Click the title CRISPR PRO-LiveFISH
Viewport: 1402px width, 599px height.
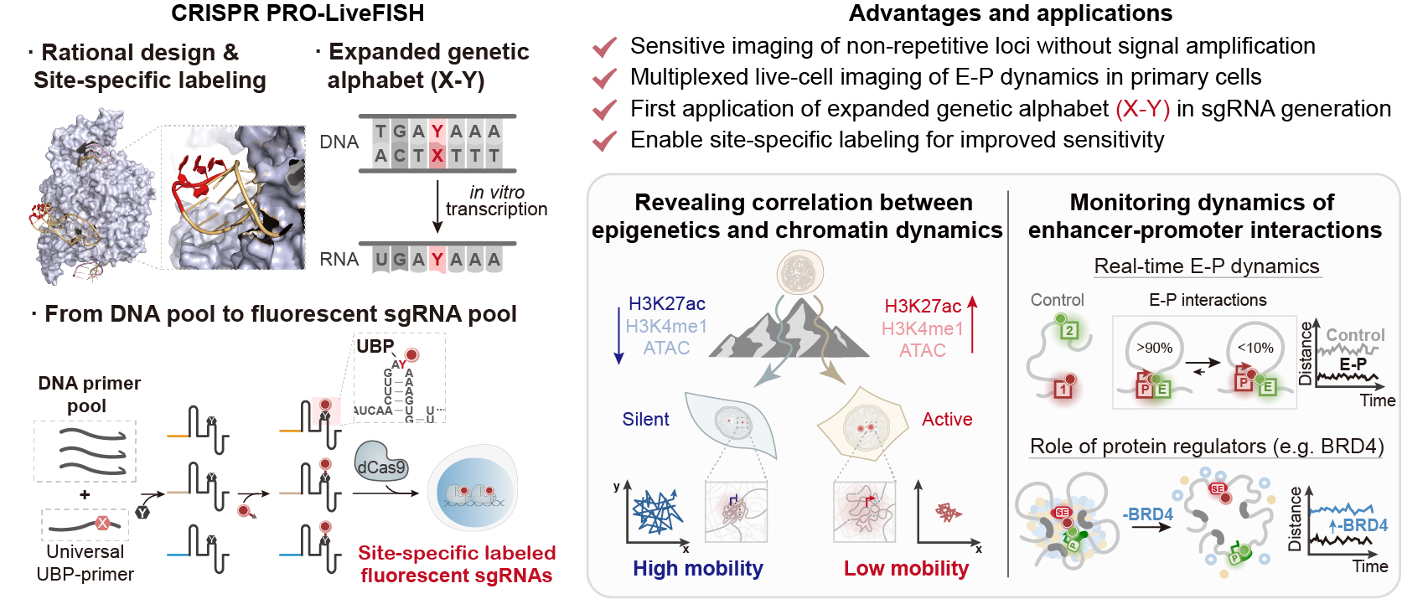pyautogui.click(x=297, y=13)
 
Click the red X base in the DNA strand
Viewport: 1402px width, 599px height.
pyautogui.click(x=437, y=155)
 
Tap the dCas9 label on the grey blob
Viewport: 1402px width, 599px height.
pyautogui.click(x=381, y=467)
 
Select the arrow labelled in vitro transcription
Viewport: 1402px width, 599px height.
pyautogui.click(x=437, y=206)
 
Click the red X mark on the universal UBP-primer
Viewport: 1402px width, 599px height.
pyautogui.click(x=102, y=524)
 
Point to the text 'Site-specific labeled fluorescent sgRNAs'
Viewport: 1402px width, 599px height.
pyautogui.click(x=457, y=564)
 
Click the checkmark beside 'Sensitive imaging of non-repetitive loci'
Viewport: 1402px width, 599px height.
pyautogui.click(x=604, y=47)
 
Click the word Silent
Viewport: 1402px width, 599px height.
pyautogui.click(x=645, y=420)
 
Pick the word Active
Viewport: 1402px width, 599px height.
pyautogui.click(x=947, y=420)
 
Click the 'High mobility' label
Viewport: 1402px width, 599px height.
pyautogui.click(x=697, y=569)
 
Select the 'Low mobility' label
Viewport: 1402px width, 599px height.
pyautogui.click(x=906, y=569)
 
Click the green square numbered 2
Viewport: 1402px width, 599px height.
pyautogui.click(x=1068, y=330)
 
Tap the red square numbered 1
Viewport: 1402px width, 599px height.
pyautogui.click(x=1063, y=389)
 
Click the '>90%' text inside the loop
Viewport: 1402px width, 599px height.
pyautogui.click(x=1154, y=348)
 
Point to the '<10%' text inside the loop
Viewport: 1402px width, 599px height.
pyautogui.click(x=1255, y=348)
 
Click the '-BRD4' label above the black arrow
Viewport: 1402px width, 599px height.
pyautogui.click(x=1147, y=514)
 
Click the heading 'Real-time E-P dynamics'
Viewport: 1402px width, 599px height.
pyautogui.click(x=1207, y=266)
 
